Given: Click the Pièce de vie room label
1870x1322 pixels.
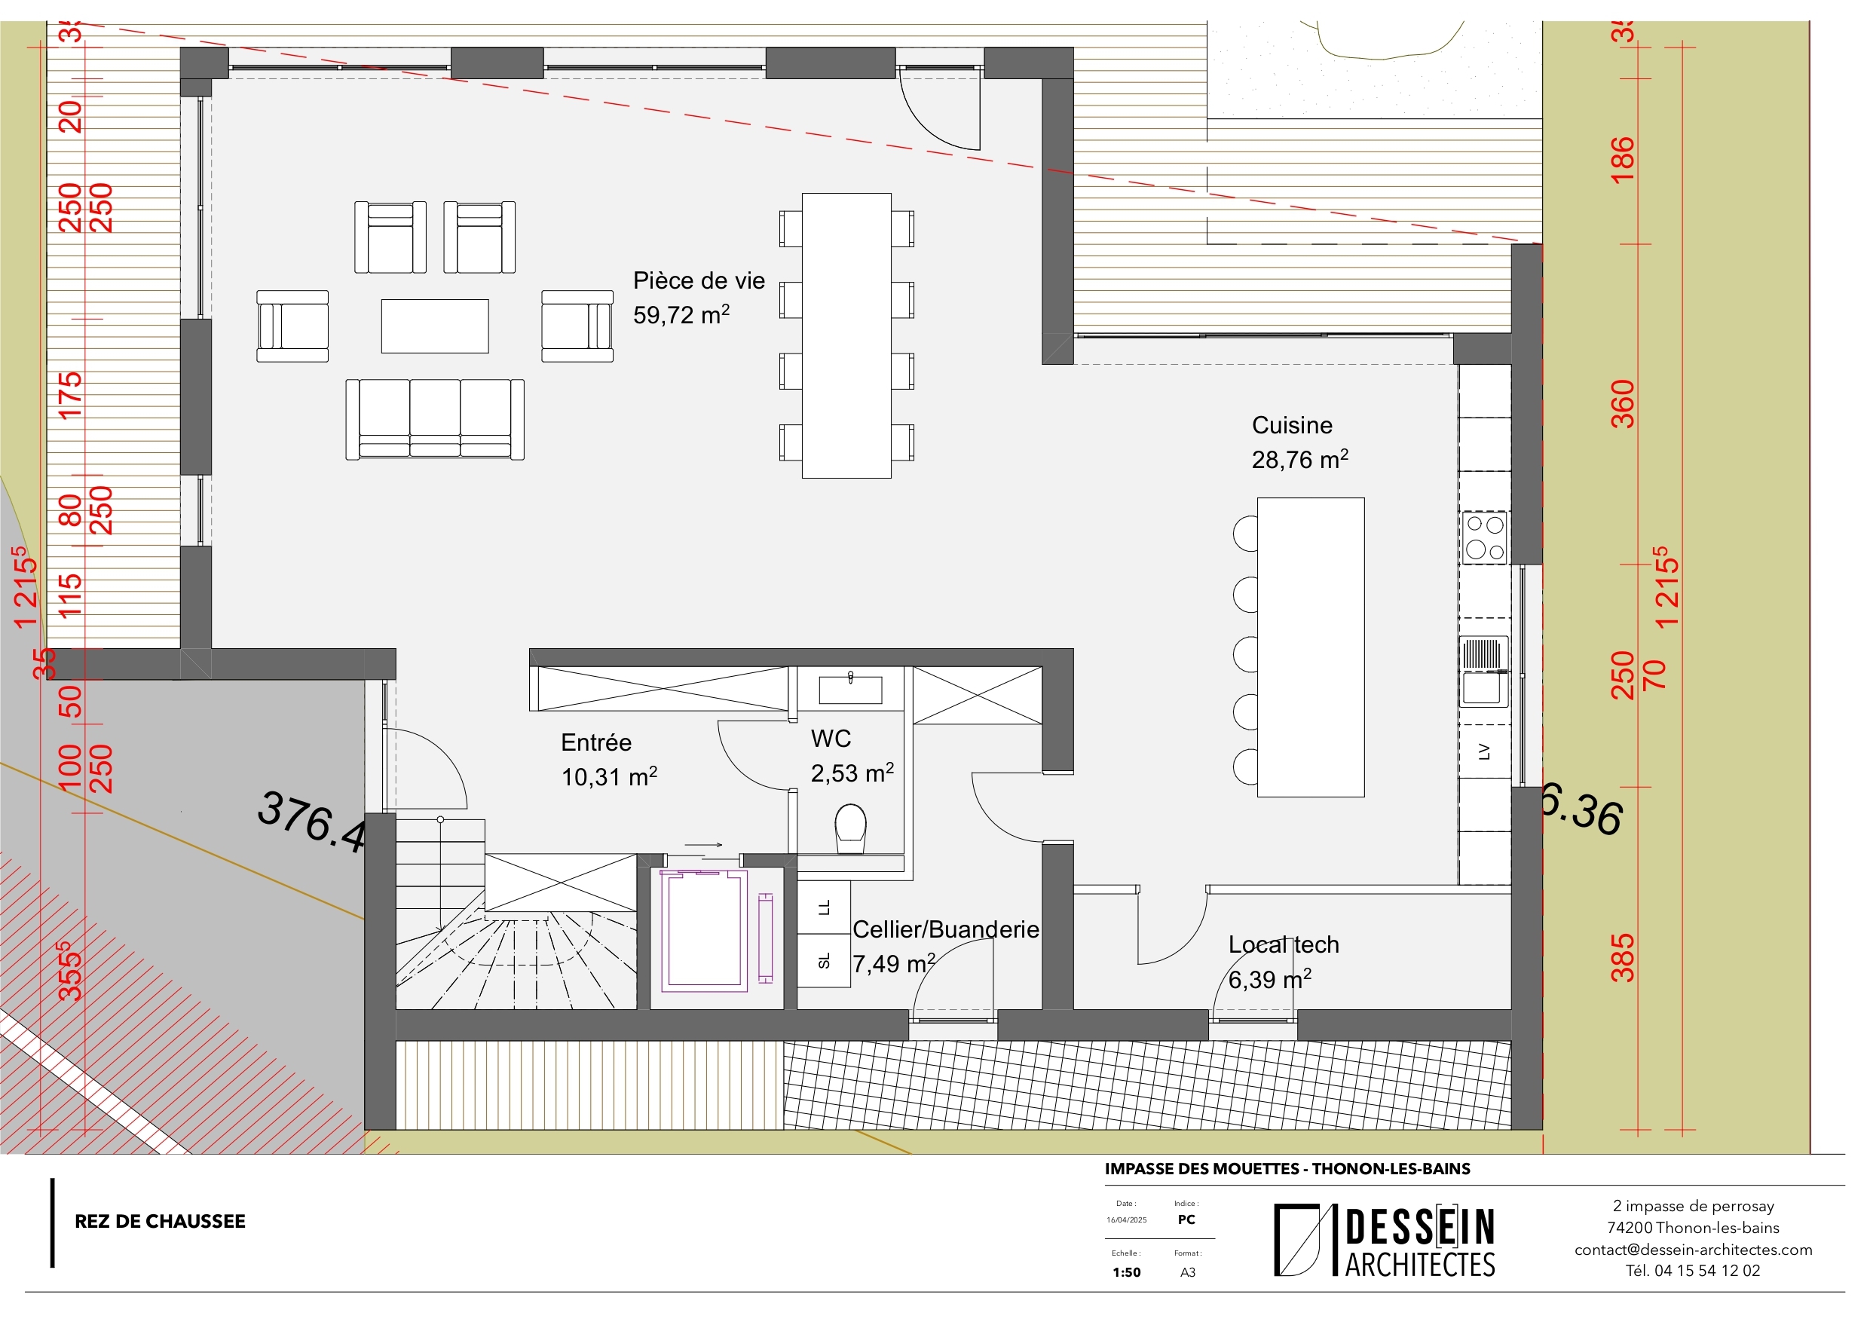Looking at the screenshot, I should pos(698,281).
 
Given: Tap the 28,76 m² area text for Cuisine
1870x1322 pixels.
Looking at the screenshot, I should pos(1299,460).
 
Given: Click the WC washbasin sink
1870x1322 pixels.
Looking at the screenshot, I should pos(849,690).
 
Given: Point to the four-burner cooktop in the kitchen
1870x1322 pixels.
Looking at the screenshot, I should pos(1484,537).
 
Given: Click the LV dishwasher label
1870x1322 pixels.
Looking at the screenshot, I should pos(1484,751).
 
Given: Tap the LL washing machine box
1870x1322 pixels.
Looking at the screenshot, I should pos(823,907).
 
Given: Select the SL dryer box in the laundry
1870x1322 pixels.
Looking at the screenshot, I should pos(823,961).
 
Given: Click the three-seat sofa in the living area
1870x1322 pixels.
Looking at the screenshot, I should pos(434,418).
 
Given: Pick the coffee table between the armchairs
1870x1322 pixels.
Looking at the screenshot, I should pos(434,326).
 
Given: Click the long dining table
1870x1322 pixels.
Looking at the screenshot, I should pos(846,335).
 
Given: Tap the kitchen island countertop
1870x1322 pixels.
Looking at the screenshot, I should pos(1310,647).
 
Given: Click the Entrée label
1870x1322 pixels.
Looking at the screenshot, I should pos(595,742).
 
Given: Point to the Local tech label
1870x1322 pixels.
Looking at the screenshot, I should pos(1283,944).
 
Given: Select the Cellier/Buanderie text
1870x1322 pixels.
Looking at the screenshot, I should pos(944,929).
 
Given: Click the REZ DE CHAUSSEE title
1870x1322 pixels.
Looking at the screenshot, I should pos(160,1221).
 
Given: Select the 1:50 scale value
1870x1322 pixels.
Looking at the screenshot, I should pos(1126,1272).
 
